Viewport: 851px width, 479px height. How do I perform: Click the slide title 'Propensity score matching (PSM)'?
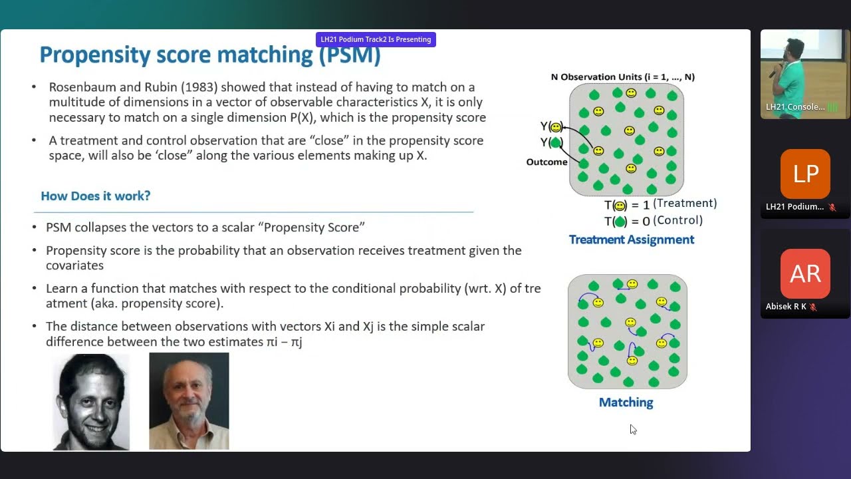(209, 55)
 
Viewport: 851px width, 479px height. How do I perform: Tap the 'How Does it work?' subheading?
(96, 196)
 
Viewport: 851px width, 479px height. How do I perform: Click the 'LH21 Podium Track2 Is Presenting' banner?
(376, 39)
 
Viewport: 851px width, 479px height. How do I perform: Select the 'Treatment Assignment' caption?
(631, 239)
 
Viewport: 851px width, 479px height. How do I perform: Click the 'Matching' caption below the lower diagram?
(626, 402)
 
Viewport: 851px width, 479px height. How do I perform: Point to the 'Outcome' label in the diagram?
(547, 162)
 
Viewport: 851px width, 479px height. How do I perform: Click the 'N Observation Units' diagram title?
(622, 77)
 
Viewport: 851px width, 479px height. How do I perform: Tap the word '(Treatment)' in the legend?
(685, 204)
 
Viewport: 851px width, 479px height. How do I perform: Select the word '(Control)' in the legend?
(677, 220)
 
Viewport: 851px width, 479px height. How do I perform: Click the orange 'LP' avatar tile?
(805, 174)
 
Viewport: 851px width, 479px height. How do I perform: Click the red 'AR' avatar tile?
(805, 273)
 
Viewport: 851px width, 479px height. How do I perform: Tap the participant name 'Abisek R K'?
(786, 307)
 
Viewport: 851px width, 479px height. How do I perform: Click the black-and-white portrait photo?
(91, 402)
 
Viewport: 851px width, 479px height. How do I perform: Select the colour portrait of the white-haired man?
(189, 401)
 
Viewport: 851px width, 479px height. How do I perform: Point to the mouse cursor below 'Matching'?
(632, 429)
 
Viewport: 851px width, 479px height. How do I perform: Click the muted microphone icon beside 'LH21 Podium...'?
(832, 207)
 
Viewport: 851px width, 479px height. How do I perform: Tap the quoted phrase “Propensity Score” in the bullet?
(314, 228)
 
